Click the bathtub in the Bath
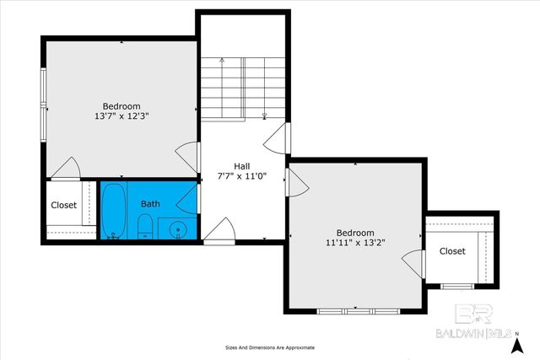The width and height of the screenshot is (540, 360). [x=114, y=211]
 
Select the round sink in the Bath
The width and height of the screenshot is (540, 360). [x=176, y=228]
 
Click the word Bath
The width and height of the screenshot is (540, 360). [x=150, y=204]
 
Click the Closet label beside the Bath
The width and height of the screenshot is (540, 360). [x=64, y=205]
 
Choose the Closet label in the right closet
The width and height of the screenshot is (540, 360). [x=452, y=251]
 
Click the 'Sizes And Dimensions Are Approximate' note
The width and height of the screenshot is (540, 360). [x=269, y=347]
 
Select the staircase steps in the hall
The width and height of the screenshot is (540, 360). [x=243, y=89]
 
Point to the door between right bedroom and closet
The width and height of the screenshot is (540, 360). [x=411, y=263]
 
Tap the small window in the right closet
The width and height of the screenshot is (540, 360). [x=456, y=286]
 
